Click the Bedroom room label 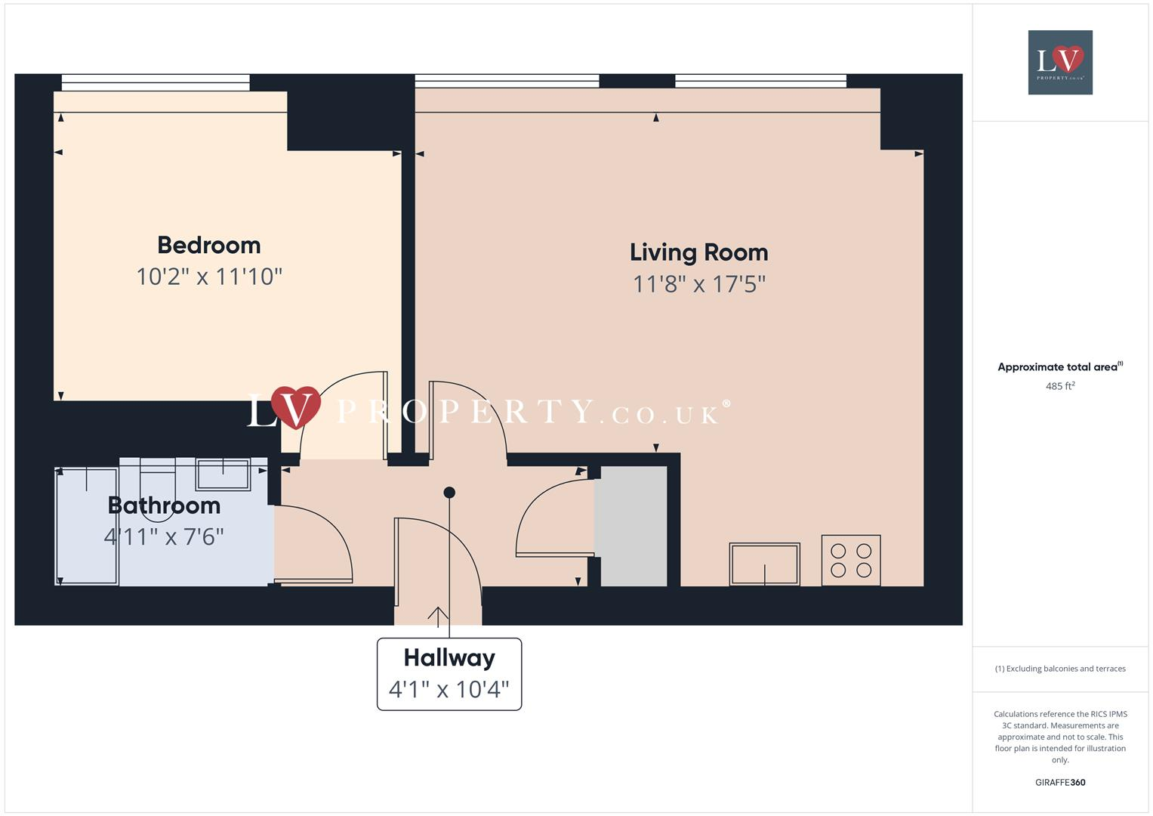coord(209,245)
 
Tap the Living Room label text coord(698,252)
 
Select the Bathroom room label coord(164,505)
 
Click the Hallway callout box coord(449,674)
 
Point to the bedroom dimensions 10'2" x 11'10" coord(209,277)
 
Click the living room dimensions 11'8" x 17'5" coord(698,284)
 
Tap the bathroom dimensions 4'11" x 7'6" coord(164,536)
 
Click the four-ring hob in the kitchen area coord(851,561)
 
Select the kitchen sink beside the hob coord(764,564)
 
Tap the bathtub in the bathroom coord(87,527)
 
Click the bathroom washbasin coord(223,474)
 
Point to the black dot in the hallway coord(449,493)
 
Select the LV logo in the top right coord(1060,62)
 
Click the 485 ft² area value coord(1060,386)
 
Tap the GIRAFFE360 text coord(1060,783)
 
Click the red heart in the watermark coord(296,406)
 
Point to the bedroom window coord(156,82)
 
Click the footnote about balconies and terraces coord(1060,669)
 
